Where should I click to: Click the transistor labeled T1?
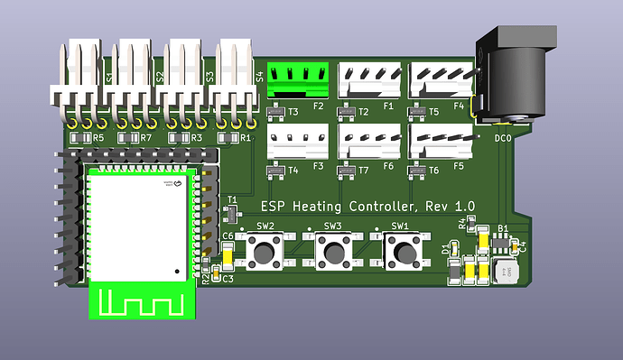coord(228,212)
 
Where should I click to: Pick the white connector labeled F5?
coord(440,141)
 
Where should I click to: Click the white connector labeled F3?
coord(292,141)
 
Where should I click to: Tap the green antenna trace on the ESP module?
coord(141,300)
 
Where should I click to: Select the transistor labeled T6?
coord(414,171)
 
